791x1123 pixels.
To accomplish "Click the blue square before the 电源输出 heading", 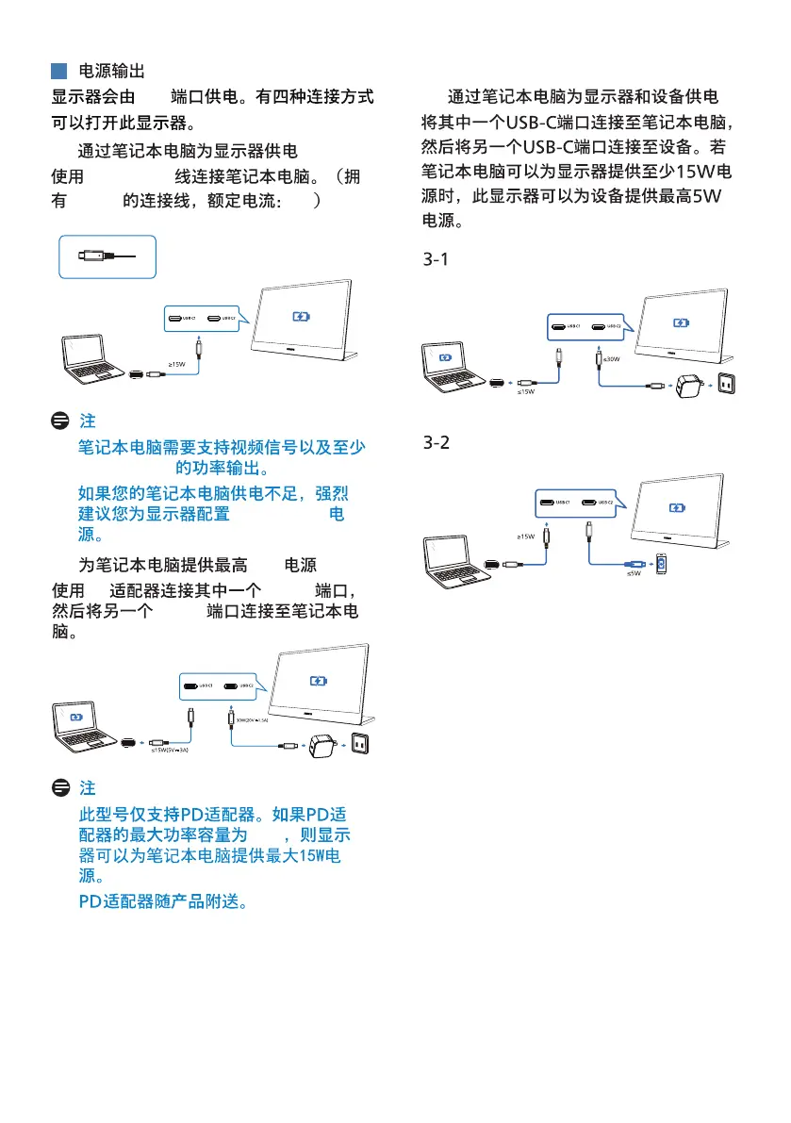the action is point(58,71).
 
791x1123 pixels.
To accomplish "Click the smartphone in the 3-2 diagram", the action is point(663,564).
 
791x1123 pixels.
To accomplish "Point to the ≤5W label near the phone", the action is point(634,573).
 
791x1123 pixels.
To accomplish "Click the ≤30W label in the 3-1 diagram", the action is point(610,358).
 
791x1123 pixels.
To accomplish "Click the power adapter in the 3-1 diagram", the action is point(682,384).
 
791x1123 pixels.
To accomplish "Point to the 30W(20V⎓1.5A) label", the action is point(250,719).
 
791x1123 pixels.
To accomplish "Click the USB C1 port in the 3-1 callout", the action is point(564,327).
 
